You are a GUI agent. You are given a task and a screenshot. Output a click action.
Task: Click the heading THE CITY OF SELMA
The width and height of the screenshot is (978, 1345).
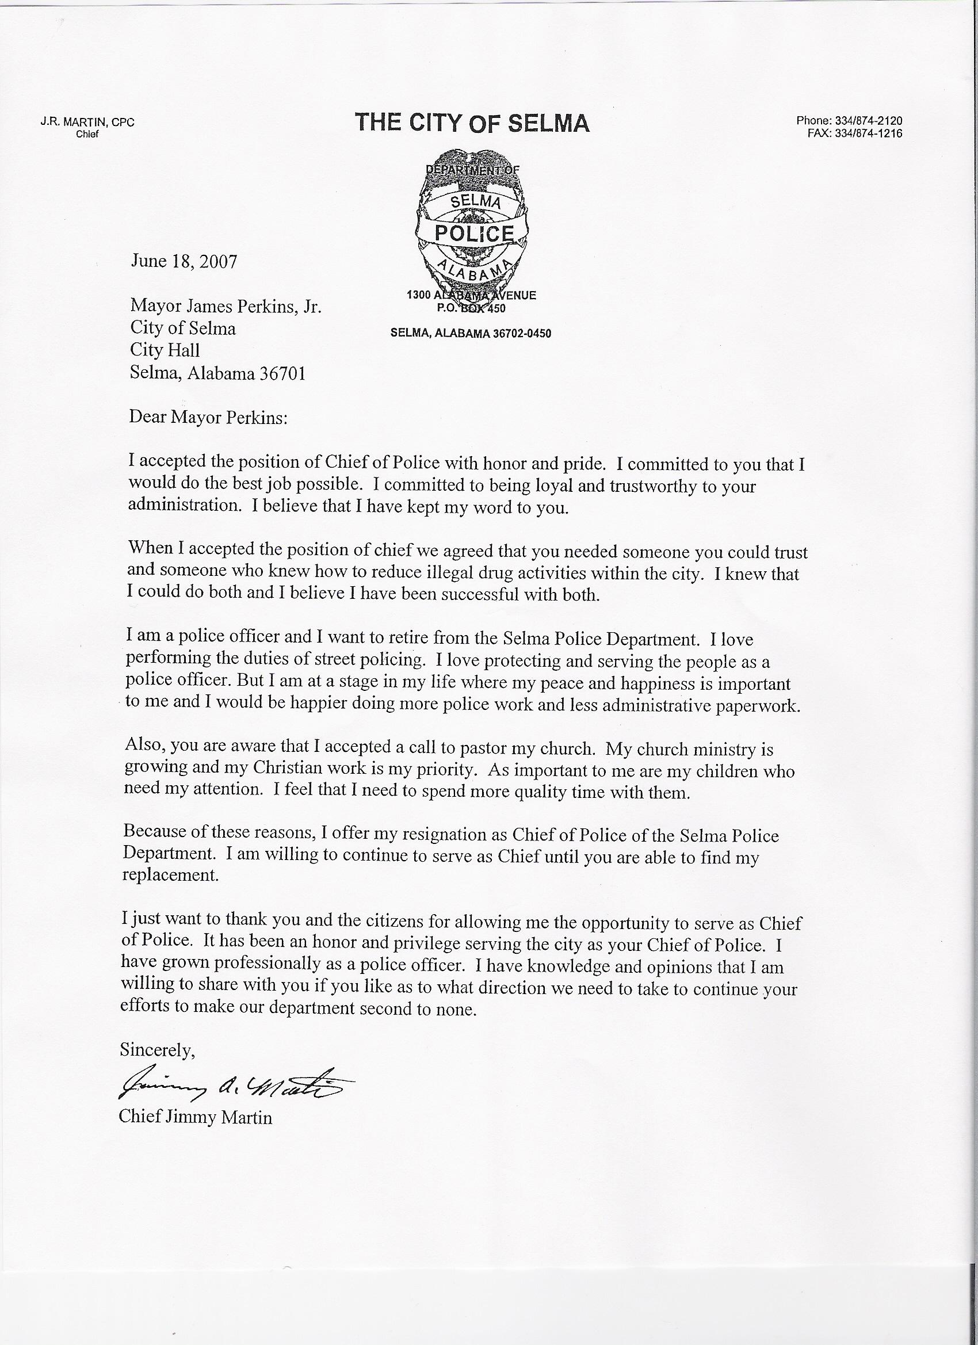[472, 123]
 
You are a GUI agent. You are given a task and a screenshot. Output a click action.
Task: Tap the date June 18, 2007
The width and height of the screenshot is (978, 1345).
[184, 262]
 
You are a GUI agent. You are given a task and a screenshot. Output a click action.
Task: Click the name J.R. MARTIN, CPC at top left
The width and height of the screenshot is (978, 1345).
[88, 123]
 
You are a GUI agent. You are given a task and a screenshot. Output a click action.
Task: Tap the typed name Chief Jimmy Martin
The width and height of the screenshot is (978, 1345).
[196, 1118]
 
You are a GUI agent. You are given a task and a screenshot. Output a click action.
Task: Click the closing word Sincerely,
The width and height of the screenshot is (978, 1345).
[157, 1050]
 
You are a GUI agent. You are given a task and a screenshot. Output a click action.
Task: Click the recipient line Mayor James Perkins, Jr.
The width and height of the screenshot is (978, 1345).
[226, 307]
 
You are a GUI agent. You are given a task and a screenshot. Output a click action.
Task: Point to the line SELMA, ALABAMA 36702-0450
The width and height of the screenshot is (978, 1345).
[471, 333]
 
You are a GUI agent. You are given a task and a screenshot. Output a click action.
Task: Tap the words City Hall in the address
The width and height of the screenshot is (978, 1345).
[165, 350]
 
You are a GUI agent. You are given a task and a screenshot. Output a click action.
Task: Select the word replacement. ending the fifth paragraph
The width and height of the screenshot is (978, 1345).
[171, 875]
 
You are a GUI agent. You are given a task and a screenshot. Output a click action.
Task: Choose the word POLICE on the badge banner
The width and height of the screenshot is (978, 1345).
[474, 233]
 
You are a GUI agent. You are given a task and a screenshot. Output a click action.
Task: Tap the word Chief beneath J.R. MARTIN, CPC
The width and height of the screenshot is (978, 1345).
[87, 134]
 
